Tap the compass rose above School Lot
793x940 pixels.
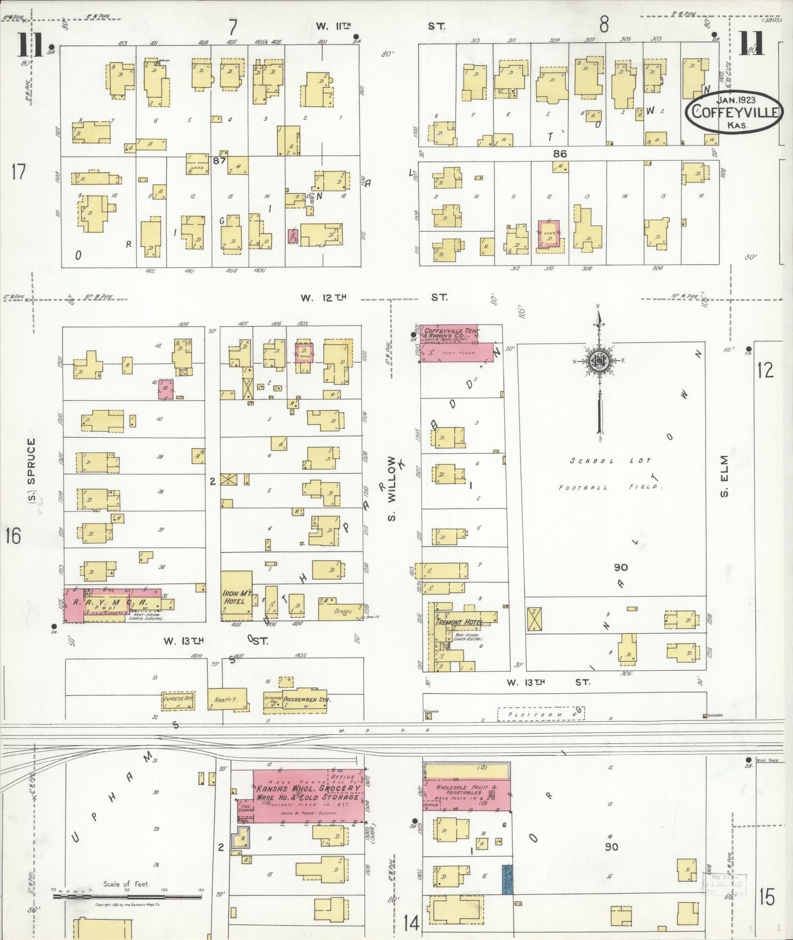click(x=599, y=360)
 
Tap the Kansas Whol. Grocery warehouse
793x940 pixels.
click(x=309, y=792)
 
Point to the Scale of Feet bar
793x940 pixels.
click(x=127, y=896)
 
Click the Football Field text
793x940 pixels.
click(x=611, y=487)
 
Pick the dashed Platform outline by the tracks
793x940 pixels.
click(x=541, y=714)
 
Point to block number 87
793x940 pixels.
click(x=219, y=161)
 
